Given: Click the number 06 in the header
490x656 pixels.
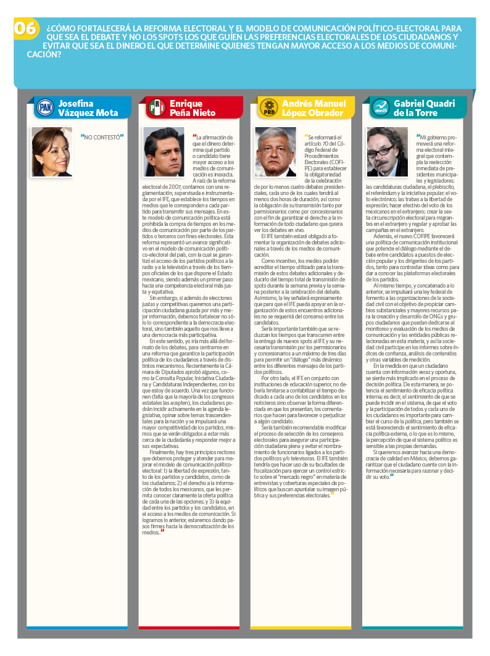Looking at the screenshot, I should coord(25,28).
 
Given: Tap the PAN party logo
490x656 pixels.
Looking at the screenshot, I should coord(44,108).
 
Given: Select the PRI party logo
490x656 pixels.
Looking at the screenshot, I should coord(156,108).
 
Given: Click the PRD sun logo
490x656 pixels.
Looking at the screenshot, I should coord(268,108).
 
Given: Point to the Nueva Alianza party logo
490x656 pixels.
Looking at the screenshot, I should coord(380,108).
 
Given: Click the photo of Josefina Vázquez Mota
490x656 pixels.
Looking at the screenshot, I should coord(52,152).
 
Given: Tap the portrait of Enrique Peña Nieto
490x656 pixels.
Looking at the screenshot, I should coord(164,152).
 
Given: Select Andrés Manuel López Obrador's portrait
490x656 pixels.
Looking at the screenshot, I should coord(276,152).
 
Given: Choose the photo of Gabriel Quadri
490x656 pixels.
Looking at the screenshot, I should coord(388,152).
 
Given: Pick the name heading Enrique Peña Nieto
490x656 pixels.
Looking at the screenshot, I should coord(193,108).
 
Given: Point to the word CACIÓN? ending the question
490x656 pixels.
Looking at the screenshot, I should coord(43,54).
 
